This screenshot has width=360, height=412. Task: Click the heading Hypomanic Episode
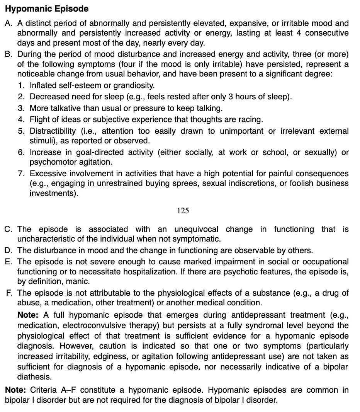47,9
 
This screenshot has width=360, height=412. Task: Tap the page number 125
183,211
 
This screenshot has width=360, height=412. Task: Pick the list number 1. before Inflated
22,86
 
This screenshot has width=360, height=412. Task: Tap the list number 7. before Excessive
22,173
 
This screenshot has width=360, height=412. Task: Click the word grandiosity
133,86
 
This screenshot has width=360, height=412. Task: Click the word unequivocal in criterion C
196,229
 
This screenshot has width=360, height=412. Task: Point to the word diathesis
34,376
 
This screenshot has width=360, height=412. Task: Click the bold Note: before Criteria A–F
15,390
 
